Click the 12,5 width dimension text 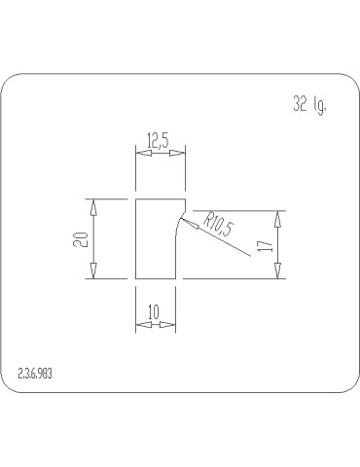pyautogui.click(x=158, y=141)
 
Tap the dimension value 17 pyautogui.click(x=264, y=245)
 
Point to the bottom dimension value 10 pyautogui.click(x=154, y=311)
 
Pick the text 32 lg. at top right pyautogui.click(x=308, y=105)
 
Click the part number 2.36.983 pyautogui.click(x=36, y=374)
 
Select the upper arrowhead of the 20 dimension pyautogui.click(x=93, y=205)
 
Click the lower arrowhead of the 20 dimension pyautogui.click(x=93, y=272)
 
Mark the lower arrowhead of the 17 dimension pyautogui.click(x=278, y=272)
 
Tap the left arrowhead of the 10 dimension pyautogui.click(x=139, y=324)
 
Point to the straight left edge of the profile pyautogui.click(x=133, y=239)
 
